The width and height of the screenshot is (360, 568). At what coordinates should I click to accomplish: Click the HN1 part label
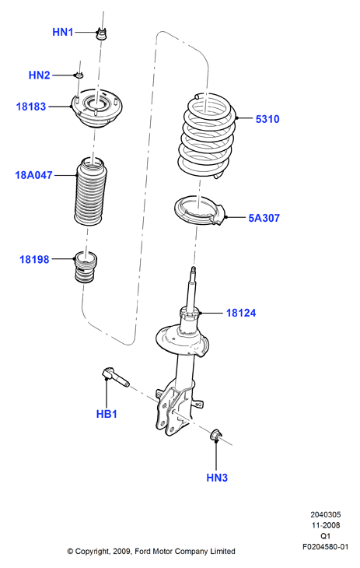pyautogui.click(x=63, y=32)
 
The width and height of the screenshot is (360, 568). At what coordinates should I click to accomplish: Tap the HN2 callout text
pyautogui.click(x=39, y=75)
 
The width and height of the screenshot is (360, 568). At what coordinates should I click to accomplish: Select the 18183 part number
pyautogui.click(x=31, y=107)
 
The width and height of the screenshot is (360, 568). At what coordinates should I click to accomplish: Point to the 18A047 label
pyautogui.click(x=33, y=175)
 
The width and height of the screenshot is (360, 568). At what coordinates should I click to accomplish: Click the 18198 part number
pyautogui.click(x=34, y=259)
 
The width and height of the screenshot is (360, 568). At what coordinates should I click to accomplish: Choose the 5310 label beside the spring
pyautogui.click(x=267, y=119)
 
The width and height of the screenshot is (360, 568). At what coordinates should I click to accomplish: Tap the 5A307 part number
pyautogui.click(x=264, y=218)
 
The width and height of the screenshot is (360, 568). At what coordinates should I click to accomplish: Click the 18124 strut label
pyautogui.click(x=241, y=313)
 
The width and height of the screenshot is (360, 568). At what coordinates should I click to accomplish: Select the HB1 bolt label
pyautogui.click(x=107, y=414)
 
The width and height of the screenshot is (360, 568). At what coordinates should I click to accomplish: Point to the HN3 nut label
pyautogui.click(x=217, y=478)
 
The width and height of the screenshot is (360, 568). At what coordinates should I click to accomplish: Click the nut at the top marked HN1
pyautogui.click(x=102, y=33)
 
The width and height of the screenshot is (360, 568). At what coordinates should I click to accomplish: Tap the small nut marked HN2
pyautogui.click(x=79, y=75)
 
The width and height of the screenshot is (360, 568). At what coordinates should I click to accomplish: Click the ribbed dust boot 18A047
pyautogui.click(x=93, y=191)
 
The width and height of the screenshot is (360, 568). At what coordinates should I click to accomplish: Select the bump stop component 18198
pyautogui.click(x=86, y=267)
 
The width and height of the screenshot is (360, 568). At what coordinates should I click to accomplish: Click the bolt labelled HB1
pyautogui.click(x=115, y=377)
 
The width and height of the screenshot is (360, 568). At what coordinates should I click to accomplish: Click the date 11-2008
pyautogui.click(x=326, y=525)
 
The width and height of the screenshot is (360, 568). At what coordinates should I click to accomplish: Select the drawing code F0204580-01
pyautogui.click(x=325, y=547)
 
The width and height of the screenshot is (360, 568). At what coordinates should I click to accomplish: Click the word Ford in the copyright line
pyautogui.click(x=143, y=552)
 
